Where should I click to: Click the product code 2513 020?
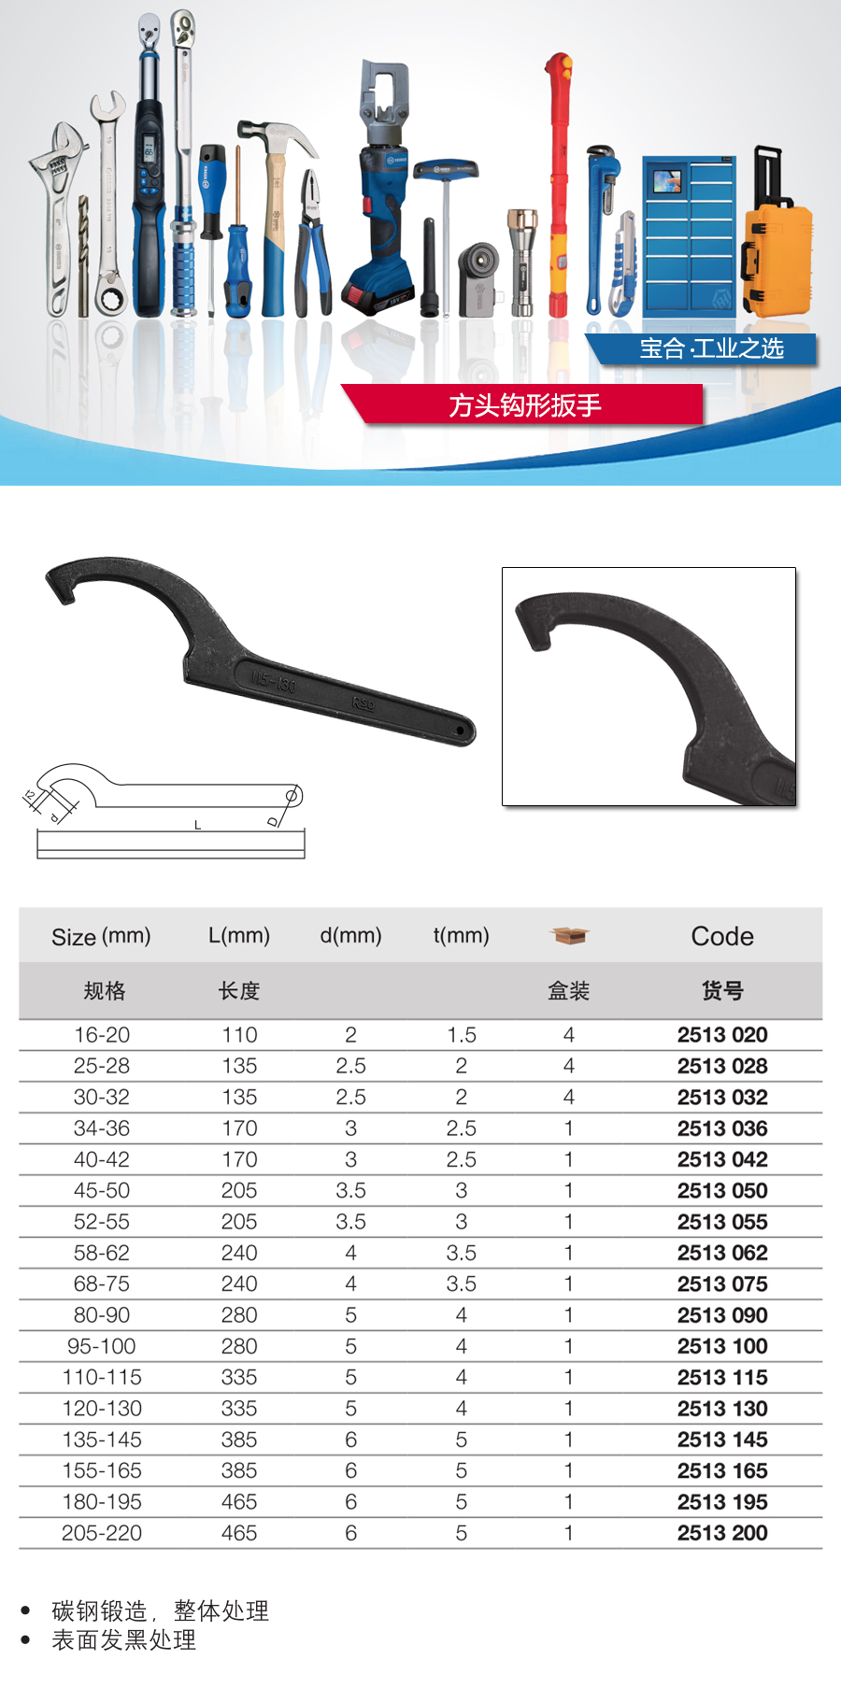(x=722, y=1035)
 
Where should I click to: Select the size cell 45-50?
(x=102, y=1191)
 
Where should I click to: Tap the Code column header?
(x=722, y=936)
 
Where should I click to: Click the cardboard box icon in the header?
(x=569, y=935)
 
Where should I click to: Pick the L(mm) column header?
(x=239, y=935)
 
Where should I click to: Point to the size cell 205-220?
(x=102, y=1533)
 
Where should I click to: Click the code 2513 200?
(x=722, y=1533)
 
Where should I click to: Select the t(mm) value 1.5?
(x=462, y=1035)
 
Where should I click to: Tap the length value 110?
(x=239, y=1035)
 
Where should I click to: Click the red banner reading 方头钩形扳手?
(x=523, y=404)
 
